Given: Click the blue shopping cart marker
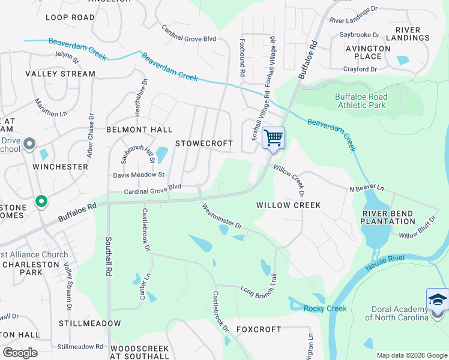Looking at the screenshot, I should (x=273, y=138).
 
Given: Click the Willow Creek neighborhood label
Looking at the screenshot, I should (x=288, y=205).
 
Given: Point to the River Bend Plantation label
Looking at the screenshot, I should (x=388, y=217).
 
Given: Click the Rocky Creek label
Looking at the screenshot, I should (x=325, y=308).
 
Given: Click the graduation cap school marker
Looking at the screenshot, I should (x=438, y=299).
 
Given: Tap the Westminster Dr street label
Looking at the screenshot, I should (x=221, y=218).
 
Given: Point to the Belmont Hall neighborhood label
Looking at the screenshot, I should (x=139, y=130).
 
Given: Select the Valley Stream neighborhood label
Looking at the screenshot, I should (x=60, y=74).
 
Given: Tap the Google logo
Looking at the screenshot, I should (x=20, y=352).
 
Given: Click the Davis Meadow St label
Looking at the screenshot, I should (x=139, y=175).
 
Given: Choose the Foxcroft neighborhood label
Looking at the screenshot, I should (x=259, y=329).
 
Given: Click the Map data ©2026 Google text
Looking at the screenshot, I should (x=411, y=355).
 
